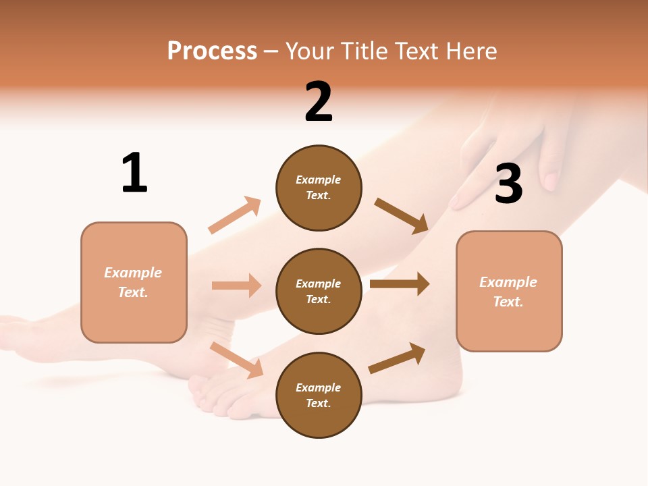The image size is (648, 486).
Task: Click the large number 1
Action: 134,173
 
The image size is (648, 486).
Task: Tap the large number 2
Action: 319,102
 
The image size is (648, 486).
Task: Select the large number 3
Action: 508,184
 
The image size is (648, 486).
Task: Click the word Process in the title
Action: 212,51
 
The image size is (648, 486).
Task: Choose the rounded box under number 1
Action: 134,282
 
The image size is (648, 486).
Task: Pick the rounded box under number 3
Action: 509,292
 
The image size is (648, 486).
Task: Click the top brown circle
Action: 319,188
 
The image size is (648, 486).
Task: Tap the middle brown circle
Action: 319,292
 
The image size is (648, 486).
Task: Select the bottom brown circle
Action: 319,395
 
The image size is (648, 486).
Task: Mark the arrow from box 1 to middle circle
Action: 236,286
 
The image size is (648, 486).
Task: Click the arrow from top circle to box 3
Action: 402,216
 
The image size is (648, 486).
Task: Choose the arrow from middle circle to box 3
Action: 400,283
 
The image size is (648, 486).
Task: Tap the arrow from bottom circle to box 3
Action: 397,358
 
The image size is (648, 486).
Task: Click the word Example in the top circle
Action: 319,180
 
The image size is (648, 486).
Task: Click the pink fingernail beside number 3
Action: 551,182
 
